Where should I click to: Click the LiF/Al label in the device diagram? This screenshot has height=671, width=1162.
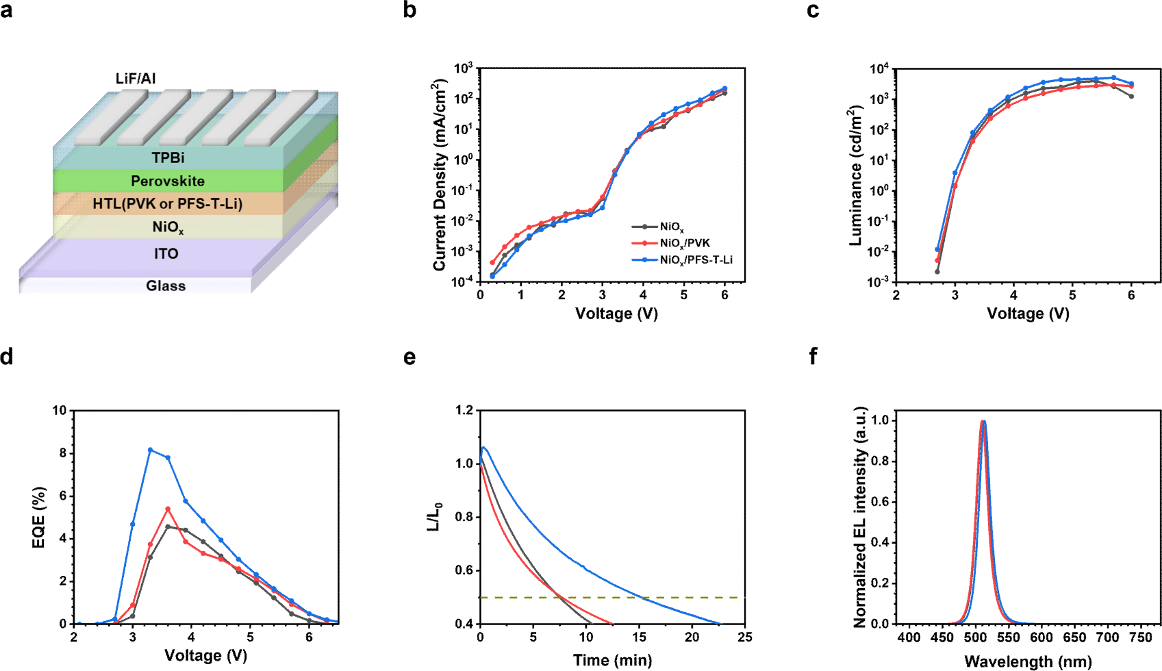tap(136, 79)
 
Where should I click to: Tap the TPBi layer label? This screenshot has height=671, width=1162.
tap(168, 157)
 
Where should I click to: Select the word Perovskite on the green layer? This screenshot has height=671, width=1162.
tap(168, 181)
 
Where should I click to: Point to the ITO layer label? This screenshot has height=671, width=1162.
tap(166, 253)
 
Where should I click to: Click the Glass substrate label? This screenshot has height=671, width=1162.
tap(166, 286)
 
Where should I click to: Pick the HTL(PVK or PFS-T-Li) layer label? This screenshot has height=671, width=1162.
tap(168, 203)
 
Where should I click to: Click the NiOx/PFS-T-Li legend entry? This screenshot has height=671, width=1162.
tap(695, 260)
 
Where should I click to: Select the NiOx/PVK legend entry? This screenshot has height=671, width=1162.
tap(684, 243)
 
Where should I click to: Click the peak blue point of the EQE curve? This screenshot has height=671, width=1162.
tap(150, 450)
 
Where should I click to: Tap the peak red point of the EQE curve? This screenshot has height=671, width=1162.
tap(168, 509)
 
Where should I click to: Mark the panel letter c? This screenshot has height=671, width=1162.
tap(813, 10)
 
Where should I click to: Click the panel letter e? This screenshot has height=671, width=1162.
tap(409, 357)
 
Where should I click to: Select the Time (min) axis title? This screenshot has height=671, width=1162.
tap(612, 660)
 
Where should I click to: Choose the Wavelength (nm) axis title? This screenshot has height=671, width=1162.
tap(1028, 661)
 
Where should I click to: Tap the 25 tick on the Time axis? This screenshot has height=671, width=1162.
tap(745, 637)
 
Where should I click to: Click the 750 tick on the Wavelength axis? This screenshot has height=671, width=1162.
tap(1140, 637)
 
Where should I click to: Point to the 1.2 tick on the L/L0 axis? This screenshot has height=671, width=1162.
tap(464, 410)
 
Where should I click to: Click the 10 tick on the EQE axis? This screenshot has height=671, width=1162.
tap(60, 411)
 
